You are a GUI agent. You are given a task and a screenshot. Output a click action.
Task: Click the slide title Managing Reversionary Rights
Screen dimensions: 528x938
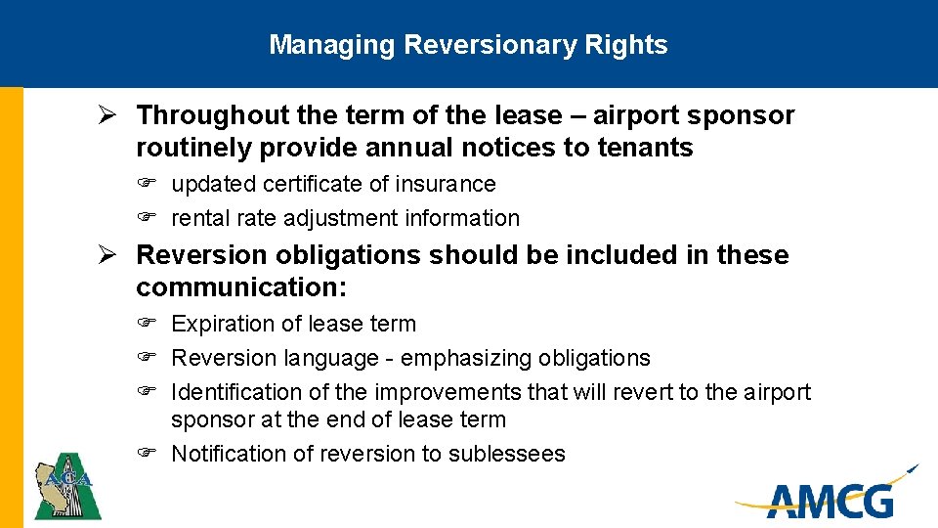[468, 45]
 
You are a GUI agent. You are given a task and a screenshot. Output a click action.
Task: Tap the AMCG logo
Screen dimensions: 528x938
[830, 496]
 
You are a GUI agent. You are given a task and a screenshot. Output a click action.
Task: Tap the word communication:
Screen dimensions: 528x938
[242, 287]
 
